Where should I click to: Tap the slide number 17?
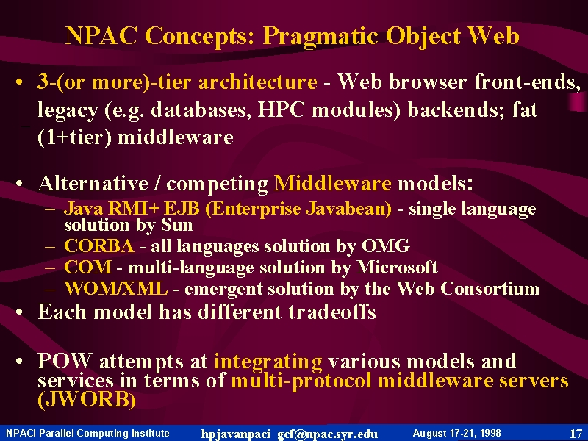click(576, 434)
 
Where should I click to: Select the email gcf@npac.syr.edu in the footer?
click(327, 434)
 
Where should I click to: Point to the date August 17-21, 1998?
click(456, 433)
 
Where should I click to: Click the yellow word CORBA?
click(99, 246)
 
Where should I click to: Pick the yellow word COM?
click(87, 268)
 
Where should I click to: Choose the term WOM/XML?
click(116, 288)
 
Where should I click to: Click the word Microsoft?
click(397, 268)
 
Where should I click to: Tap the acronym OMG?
click(385, 246)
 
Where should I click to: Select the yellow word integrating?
click(268, 362)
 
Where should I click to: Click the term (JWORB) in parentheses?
click(87, 399)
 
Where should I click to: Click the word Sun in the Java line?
click(176, 225)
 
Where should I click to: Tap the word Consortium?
click(490, 288)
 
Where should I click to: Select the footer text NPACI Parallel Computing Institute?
click(87, 433)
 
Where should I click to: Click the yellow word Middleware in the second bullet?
click(333, 183)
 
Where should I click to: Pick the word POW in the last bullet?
click(65, 361)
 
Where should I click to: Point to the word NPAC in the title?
click(101, 36)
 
